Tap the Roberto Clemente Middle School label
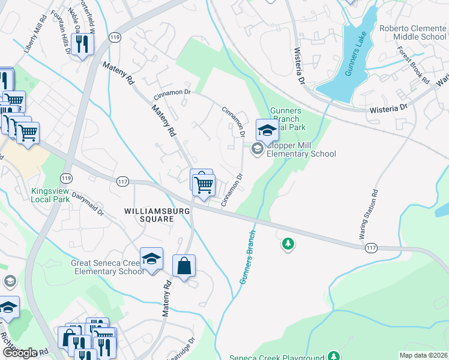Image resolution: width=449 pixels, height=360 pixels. (412, 32)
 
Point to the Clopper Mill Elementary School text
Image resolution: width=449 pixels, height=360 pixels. (301, 149)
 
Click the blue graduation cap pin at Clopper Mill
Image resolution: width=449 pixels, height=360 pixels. (267, 130)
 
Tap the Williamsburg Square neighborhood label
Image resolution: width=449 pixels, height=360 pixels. (149, 215)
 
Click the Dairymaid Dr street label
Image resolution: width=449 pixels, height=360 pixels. (88, 203)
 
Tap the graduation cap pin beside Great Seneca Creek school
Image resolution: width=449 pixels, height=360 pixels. (152, 259)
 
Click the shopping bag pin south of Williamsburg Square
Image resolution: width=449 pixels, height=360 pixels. (184, 266)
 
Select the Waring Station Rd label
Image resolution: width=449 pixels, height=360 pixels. (369, 215)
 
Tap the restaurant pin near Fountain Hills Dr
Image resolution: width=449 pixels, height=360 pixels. (82, 44)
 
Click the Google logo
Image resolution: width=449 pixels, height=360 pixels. (19, 353)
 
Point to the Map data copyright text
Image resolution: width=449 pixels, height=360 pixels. (423, 355)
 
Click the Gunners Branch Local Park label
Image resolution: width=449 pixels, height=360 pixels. (288, 119)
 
